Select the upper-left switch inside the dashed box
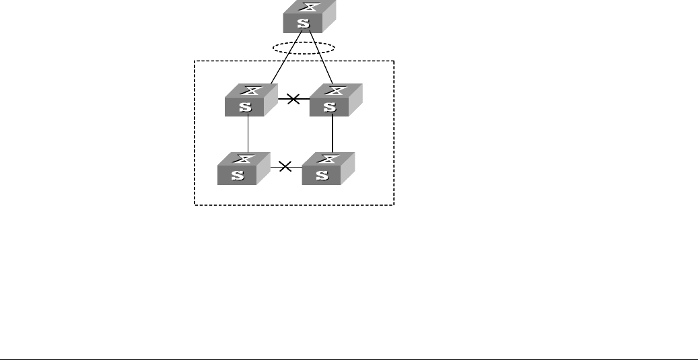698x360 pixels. (x=250, y=100)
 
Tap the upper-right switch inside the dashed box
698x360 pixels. (x=335, y=100)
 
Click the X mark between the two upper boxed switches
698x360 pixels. (x=293, y=100)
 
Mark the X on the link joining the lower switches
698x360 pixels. (x=285, y=166)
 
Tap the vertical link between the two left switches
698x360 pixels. (x=248, y=134)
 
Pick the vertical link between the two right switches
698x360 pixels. (x=333, y=134)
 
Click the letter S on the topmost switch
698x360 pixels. (x=304, y=24)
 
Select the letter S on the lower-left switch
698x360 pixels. (x=238, y=175)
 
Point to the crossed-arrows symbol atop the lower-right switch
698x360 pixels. (x=330, y=159)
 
